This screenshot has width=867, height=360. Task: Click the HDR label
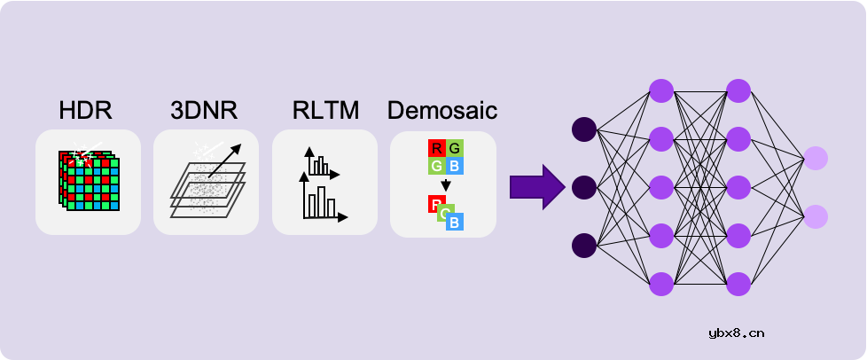[86, 112]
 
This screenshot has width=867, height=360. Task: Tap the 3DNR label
[205, 112]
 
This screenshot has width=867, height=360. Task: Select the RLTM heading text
[325, 112]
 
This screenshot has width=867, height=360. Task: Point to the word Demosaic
[441, 112]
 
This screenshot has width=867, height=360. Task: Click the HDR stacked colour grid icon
[88, 181]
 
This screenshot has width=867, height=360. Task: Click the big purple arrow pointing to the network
[536, 187]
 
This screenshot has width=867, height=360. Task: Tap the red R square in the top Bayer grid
[436, 148]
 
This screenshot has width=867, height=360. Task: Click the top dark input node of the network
[583, 130]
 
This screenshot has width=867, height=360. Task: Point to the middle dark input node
[583, 187]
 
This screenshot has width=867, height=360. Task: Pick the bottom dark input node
[583, 245]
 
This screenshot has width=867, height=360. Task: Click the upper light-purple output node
[816, 159]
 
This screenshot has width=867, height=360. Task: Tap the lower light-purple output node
[816, 216]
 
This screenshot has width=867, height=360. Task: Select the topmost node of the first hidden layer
[661, 90]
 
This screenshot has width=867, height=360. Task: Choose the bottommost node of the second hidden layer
[738, 284]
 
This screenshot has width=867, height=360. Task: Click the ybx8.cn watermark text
[737, 333]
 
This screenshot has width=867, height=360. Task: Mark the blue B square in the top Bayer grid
[453, 165]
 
